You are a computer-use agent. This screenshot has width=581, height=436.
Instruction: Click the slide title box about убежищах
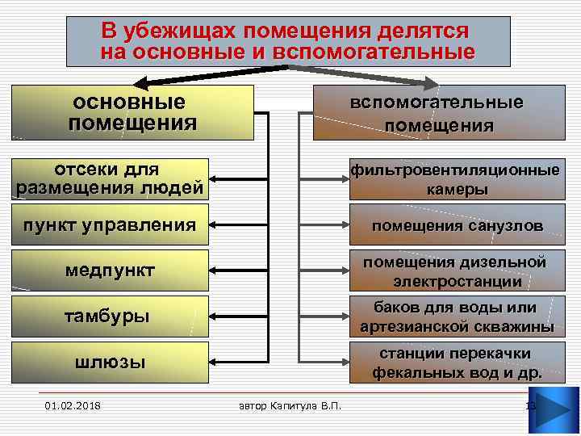288,41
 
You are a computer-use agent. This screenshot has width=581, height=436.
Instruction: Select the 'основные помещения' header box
132,113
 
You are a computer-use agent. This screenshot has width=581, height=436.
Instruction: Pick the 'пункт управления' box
109,224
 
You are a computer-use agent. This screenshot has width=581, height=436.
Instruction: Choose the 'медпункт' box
109,270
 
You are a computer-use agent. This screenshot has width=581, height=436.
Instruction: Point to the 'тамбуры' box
109,316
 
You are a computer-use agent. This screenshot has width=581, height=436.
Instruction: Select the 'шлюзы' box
109,362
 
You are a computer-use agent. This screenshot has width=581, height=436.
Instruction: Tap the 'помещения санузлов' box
457,225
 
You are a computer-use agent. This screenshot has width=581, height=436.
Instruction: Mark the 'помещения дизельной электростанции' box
457,271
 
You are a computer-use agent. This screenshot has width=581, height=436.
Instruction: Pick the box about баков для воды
457,317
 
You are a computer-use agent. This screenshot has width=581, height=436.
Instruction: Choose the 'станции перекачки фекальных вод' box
457,363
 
